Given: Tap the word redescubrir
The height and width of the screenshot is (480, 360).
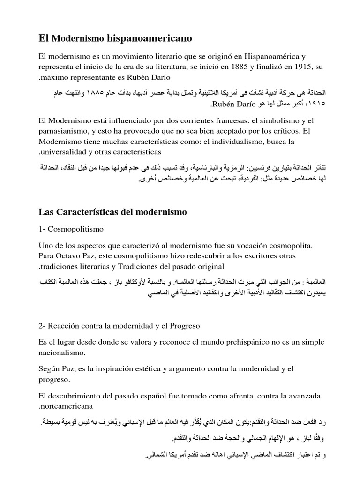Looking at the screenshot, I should (212, 256).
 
